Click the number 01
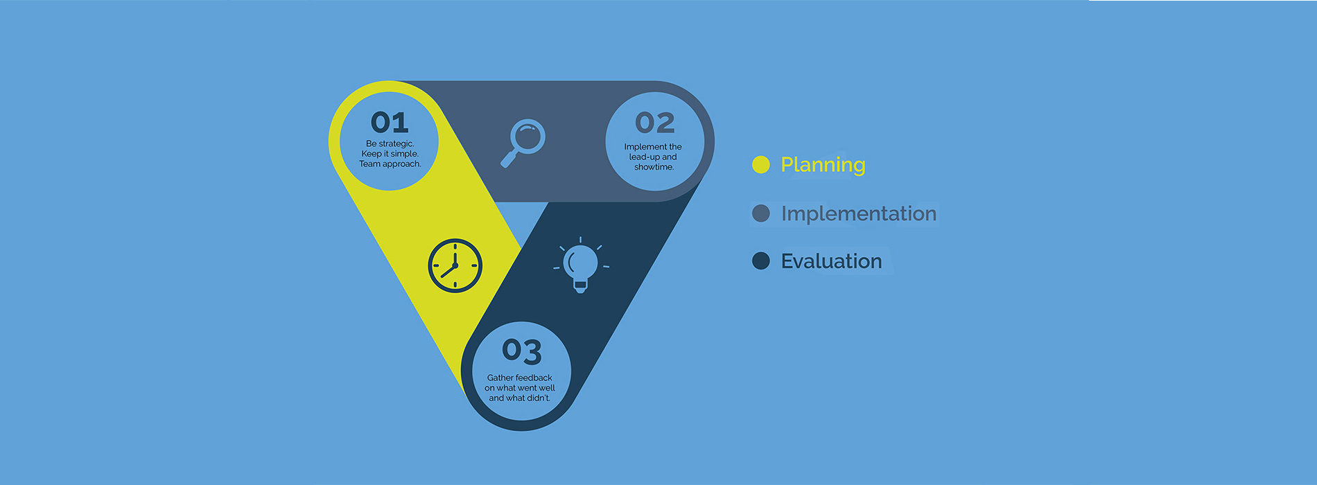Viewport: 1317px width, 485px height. [390, 123]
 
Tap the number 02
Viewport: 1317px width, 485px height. [655, 123]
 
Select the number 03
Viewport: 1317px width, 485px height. [522, 351]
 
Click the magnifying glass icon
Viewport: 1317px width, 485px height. [523, 143]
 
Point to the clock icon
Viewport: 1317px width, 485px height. [455, 265]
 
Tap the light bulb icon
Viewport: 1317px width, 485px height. [581, 265]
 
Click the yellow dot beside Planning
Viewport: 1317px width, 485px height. [761, 165]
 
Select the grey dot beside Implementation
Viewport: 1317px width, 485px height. [761, 213]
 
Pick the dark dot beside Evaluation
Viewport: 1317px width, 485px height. [761, 261]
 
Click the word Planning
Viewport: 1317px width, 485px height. [823, 165]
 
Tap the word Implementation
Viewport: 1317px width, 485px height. [859, 213]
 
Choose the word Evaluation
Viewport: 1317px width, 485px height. [832, 261]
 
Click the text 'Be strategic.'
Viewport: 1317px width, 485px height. [390, 144]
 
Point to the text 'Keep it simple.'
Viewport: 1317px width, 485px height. [390, 154]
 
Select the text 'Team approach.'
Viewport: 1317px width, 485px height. [390, 164]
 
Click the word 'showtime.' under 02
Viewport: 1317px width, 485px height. [654, 167]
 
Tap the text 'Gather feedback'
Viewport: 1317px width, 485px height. [520, 378]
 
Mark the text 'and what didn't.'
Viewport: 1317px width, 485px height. [520, 398]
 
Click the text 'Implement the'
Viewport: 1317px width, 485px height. [653, 147]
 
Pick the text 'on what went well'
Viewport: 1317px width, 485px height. [520, 388]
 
